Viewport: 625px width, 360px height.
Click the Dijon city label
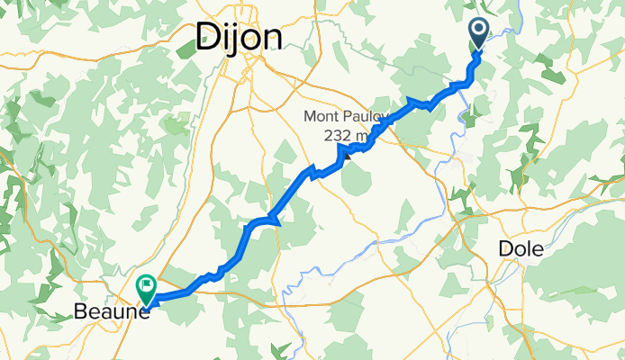coord(239,38)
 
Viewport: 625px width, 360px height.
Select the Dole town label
coord(521,249)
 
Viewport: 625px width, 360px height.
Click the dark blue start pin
coord(478,35)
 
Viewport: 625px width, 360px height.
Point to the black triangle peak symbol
coord(346,152)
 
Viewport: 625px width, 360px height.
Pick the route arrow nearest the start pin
coord(414,101)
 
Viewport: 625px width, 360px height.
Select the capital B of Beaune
coord(78,314)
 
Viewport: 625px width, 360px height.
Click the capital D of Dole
coord(505,249)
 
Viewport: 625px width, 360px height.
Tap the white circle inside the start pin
coord(478,31)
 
